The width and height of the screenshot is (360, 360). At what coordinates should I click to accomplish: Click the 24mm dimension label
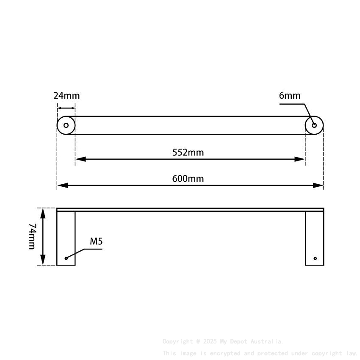(x=66, y=96)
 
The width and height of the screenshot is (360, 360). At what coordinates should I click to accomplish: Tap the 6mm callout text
(x=289, y=96)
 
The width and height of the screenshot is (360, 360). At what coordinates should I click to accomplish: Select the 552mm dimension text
(x=188, y=152)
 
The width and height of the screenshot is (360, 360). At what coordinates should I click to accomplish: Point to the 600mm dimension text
(x=188, y=179)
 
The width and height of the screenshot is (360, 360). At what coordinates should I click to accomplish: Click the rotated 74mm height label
(x=32, y=236)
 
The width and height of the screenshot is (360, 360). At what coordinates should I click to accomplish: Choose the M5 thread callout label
(x=96, y=242)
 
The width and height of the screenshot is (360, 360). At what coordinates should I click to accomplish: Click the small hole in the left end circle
(x=66, y=125)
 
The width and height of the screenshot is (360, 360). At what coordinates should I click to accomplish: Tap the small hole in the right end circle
(x=314, y=125)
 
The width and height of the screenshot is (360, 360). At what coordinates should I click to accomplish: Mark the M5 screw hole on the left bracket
(x=66, y=258)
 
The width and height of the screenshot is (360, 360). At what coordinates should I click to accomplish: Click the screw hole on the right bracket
(x=315, y=258)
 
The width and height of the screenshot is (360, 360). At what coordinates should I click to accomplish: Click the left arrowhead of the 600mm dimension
(x=62, y=186)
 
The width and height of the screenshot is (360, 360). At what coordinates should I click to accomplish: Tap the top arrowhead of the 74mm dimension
(x=43, y=212)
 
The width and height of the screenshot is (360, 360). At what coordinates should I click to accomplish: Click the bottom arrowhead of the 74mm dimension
(x=43, y=261)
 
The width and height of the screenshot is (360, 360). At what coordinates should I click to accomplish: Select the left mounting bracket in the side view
(x=66, y=238)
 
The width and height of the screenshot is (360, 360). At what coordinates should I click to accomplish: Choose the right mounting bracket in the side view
(x=314, y=238)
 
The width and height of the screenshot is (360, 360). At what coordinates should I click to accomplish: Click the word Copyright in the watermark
(x=177, y=341)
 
